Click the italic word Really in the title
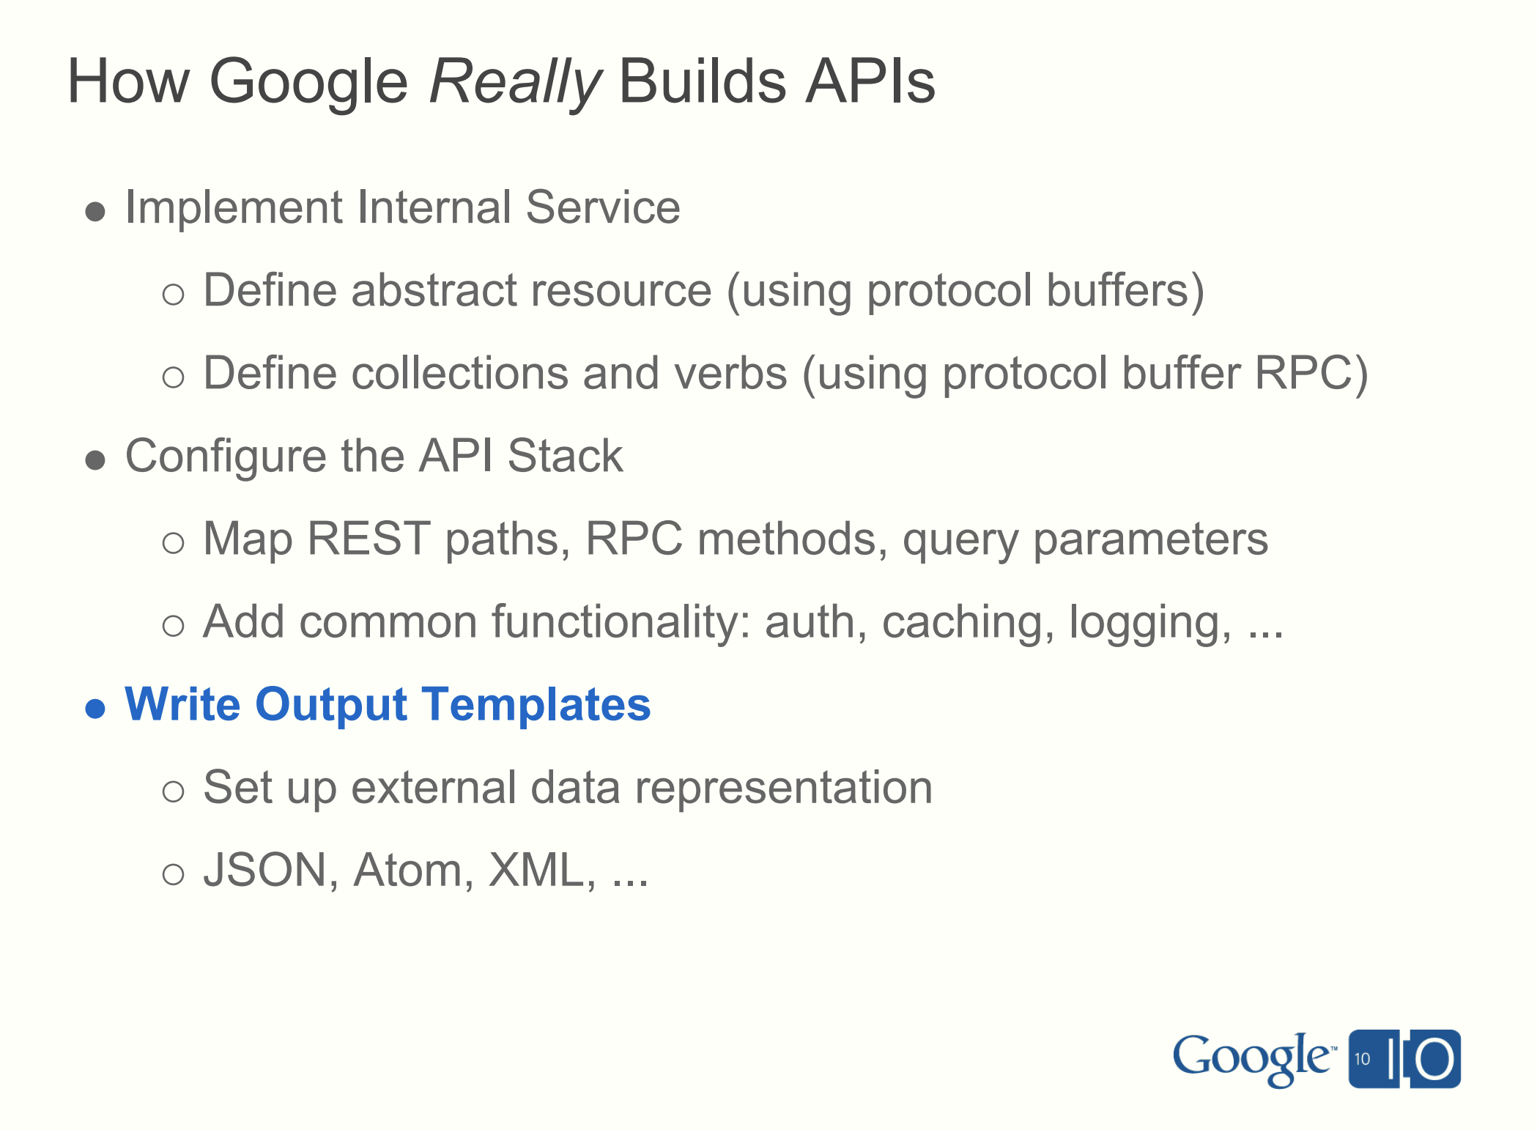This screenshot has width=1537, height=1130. (514, 82)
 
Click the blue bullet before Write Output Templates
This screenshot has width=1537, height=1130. (95, 709)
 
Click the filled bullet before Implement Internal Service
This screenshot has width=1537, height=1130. (95, 212)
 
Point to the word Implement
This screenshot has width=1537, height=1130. (234, 208)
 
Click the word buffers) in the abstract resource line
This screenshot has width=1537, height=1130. (1125, 291)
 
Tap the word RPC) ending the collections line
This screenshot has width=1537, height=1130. (1311, 374)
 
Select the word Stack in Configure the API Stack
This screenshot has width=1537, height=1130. (564, 457)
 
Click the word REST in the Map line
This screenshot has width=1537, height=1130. (368, 539)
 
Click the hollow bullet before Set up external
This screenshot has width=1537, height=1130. (173, 791)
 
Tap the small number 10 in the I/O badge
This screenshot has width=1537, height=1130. (1362, 1059)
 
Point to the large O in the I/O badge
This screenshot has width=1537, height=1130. (1434, 1060)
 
